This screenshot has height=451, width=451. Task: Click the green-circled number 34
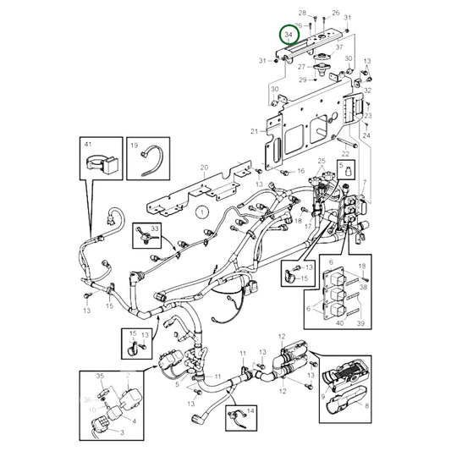(x=289, y=36)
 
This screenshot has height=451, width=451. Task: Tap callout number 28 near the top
(x=302, y=13)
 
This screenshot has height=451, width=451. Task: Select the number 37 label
(x=340, y=48)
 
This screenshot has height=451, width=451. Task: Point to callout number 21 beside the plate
(x=254, y=132)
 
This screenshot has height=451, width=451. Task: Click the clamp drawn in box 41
(x=99, y=162)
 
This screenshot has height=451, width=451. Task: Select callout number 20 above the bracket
(x=202, y=168)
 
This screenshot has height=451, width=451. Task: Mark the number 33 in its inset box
(x=155, y=229)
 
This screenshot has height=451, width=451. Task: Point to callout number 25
(x=322, y=161)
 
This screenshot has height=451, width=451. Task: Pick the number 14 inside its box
(x=250, y=410)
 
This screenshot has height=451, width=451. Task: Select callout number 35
(x=99, y=375)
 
